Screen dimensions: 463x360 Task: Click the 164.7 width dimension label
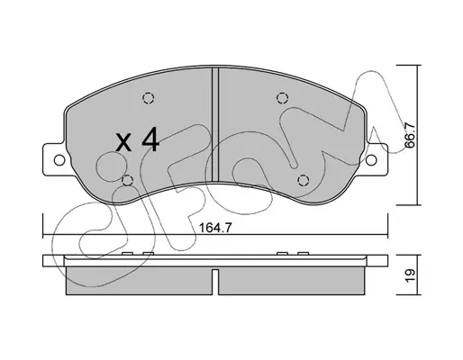215,229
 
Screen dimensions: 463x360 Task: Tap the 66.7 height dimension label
410,136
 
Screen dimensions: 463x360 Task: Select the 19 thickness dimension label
411,275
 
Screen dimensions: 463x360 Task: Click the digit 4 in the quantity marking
150,139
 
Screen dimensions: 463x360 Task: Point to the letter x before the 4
123,142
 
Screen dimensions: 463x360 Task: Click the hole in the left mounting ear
59,160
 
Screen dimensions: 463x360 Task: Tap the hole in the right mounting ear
371,159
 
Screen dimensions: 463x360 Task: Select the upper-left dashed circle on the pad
148,98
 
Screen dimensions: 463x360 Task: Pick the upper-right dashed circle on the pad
282,98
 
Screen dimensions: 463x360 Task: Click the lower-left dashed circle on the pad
128,180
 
